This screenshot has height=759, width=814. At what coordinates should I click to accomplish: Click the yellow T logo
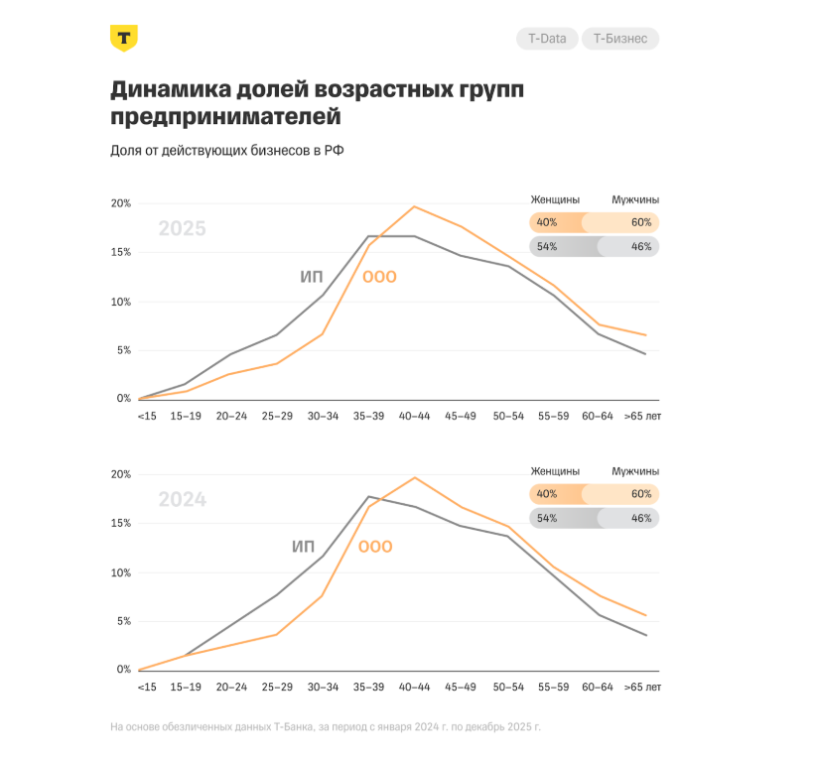(123, 39)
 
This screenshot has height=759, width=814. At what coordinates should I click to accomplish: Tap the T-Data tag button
(546, 39)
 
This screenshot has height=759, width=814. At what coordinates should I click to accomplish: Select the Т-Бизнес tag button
(619, 39)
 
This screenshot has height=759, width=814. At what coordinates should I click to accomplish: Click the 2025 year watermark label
(182, 229)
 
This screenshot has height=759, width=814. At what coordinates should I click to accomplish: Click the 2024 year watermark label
(182, 500)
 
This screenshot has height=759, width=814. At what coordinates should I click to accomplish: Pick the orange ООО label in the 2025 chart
(379, 277)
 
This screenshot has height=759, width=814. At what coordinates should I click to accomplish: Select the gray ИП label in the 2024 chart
(304, 547)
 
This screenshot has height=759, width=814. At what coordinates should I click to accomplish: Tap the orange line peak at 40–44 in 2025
(414, 206)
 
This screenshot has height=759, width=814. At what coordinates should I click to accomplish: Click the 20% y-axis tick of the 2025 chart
(120, 203)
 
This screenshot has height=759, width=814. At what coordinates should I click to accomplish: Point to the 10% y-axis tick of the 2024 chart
(120, 572)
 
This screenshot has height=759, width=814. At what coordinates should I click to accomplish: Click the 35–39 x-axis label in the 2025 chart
(368, 417)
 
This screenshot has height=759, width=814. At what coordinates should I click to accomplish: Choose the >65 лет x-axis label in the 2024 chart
(642, 688)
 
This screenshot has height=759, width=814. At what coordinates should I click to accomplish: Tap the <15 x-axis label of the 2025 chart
(147, 417)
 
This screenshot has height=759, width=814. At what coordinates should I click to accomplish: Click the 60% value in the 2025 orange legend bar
(640, 223)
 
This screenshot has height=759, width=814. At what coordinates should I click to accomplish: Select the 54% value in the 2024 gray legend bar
(547, 518)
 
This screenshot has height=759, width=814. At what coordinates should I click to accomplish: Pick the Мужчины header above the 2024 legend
(635, 471)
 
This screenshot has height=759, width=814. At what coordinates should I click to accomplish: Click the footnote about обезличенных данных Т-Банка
(326, 727)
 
